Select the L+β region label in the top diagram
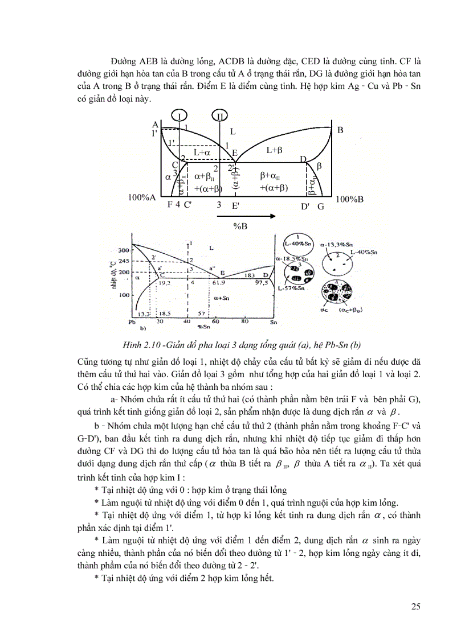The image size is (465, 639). [x=275, y=150]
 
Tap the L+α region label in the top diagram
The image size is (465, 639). [x=202, y=152]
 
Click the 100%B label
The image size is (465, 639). [x=349, y=199]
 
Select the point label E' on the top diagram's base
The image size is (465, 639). [x=235, y=207]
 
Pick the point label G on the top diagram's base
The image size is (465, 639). [x=321, y=207]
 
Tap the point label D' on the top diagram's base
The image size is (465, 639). [x=305, y=207]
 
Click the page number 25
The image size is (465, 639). [x=415, y=606]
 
